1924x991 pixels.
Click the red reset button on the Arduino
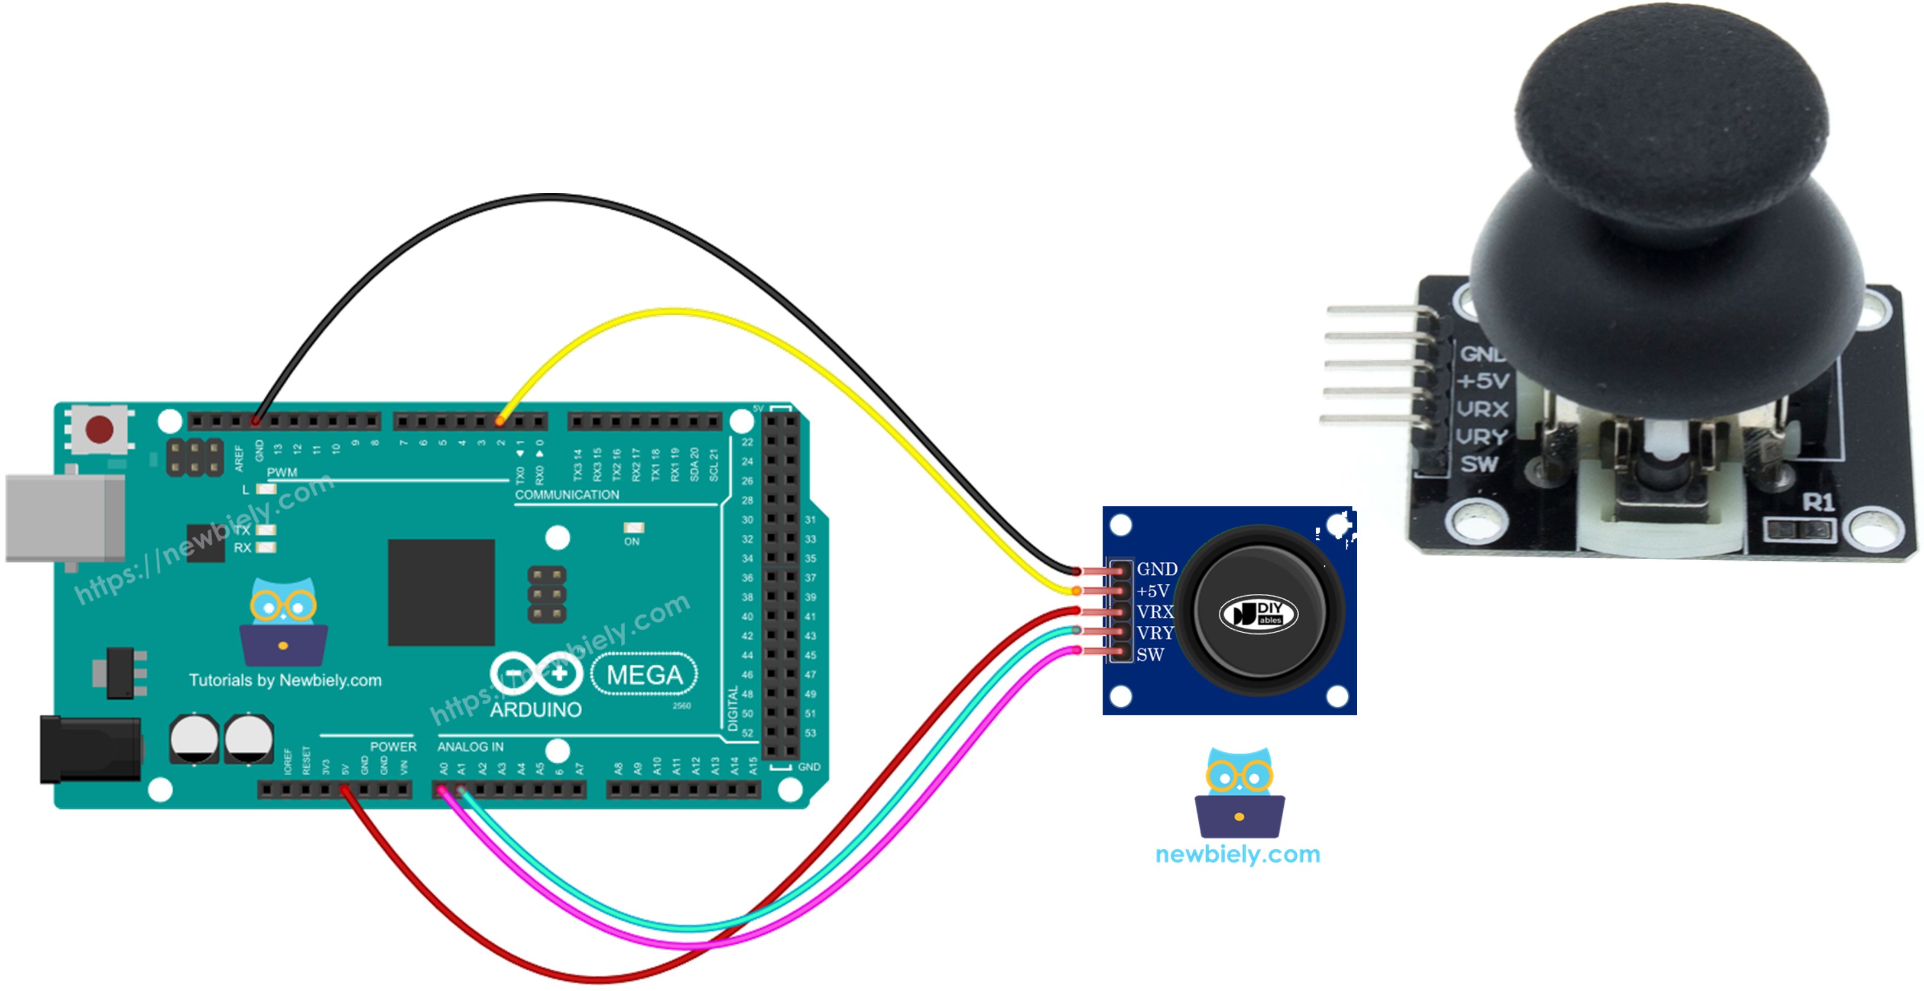pos(99,430)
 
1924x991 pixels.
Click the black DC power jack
pos(90,749)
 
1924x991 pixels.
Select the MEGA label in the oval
pos(644,674)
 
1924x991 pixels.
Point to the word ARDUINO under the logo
pos(536,710)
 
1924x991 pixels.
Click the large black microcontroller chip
pos(441,592)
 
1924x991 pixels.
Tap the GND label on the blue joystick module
pos(1156,569)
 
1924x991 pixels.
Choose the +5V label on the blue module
pos(1153,591)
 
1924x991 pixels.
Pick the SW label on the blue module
pos(1150,655)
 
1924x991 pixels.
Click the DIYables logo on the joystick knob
pos(1258,614)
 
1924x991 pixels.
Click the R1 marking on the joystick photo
pos(1818,502)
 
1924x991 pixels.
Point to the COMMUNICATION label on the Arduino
pos(567,495)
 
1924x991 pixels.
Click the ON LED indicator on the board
pos(632,528)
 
